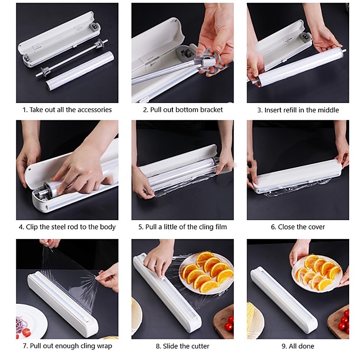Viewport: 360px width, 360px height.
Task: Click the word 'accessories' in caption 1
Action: pyautogui.click(x=94, y=110)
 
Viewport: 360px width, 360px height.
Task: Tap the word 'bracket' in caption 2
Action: pyautogui.click(x=211, y=110)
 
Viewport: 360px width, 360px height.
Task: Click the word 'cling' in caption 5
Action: pyautogui.click(x=206, y=227)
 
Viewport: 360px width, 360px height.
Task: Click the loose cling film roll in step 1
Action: pyautogui.click(x=80, y=71)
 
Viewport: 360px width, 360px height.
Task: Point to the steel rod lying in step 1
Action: pyautogui.click(x=72, y=58)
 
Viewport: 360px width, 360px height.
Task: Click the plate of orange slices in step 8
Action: pyautogui.click(x=206, y=273)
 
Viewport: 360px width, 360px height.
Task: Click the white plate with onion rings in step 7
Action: pyautogui.click(x=31, y=321)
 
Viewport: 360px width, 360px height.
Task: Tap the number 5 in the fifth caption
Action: pyautogui.click(x=140, y=227)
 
